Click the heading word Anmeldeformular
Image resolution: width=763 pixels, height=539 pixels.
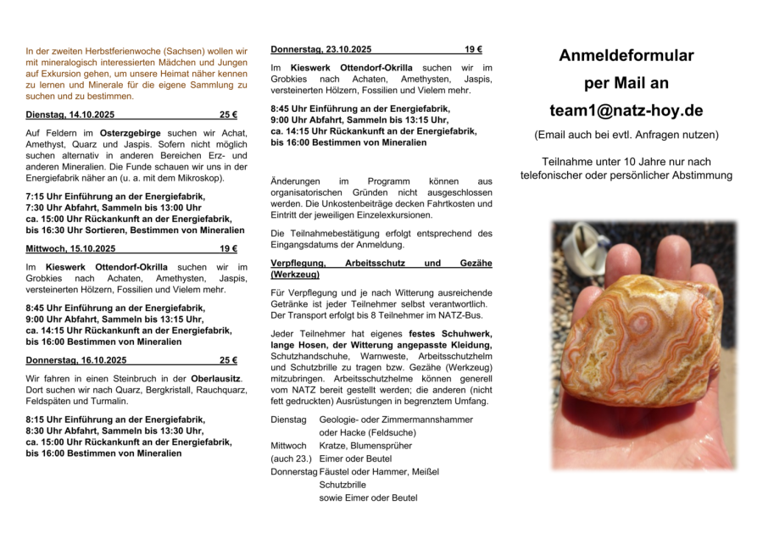point(626,56)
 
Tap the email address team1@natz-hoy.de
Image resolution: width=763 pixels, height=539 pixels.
point(626,110)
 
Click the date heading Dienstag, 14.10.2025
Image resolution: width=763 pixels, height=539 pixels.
point(70,114)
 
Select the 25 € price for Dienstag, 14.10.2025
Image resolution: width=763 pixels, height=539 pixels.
point(228,114)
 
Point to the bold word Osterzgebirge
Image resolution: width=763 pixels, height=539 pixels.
point(126,133)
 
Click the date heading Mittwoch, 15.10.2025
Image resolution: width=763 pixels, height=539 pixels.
point(70,248)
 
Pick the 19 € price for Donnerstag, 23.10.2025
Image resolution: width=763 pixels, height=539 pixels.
point(473,49)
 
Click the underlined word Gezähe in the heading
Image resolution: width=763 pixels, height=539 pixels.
point(477,264)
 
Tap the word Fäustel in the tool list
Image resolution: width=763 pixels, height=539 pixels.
point(336,472)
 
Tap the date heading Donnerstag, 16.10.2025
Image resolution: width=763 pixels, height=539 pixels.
point(76,360)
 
